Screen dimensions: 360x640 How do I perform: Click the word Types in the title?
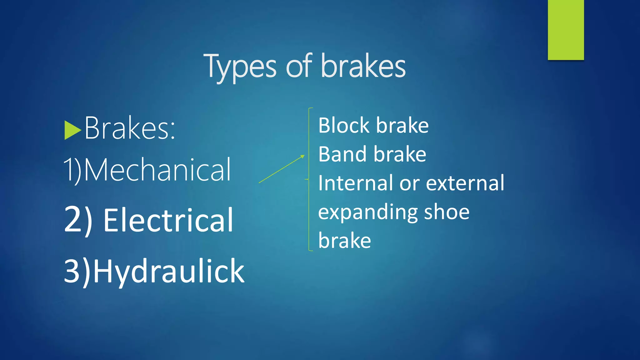[x=240, y=67]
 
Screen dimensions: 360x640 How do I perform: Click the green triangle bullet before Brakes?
[x=72, y=130]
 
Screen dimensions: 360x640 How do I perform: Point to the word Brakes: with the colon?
[x=130, y=128]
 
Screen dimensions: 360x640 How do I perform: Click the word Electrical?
[x=168, y=220]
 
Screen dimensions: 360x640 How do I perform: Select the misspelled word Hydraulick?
[x=169, y=271]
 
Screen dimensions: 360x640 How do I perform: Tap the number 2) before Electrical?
[x=78, y=220]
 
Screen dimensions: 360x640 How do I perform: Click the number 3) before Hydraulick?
[x=77, y=271]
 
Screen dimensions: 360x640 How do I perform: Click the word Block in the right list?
[x=344, y=125]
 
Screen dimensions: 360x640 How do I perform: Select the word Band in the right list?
[x=343, y=154]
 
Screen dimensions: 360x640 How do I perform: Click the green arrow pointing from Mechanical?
[x=282, y=169]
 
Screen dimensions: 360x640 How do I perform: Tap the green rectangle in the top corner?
[x=566, y=30]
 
